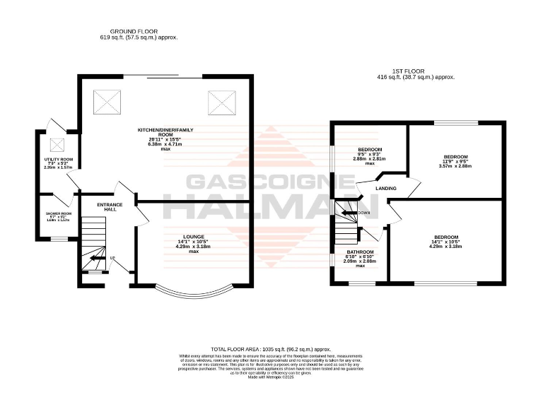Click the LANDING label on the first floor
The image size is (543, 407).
[x=386, y=189]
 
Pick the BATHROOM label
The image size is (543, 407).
[x=360, y=252]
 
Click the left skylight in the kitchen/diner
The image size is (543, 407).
[x=109, y=100]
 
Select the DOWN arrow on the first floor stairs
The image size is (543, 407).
[x=348, y=212]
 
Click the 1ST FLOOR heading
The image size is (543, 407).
[x=415, y=71]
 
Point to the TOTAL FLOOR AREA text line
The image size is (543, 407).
[x=271, y=350]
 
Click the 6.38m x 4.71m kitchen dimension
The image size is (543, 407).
[x=165, y=145]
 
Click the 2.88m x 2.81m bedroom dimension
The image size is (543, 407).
[x=370, y=159]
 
